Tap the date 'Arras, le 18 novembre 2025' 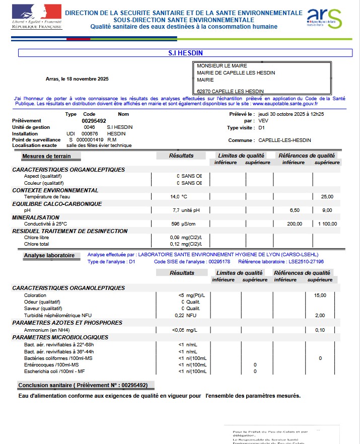point(77,79)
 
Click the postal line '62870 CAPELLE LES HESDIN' point(227,91)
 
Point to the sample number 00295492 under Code point(94,121)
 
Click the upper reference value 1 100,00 point(327,224)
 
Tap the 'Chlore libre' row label point(37,237)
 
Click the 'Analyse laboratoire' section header point(49,255)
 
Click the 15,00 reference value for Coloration point(320,295)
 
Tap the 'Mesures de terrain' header point(46,157)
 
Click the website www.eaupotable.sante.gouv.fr point(284,103)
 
